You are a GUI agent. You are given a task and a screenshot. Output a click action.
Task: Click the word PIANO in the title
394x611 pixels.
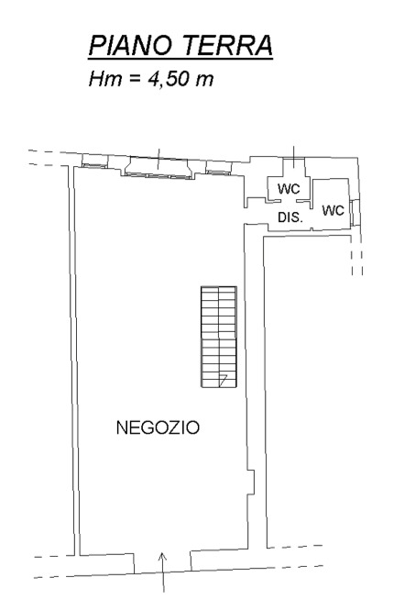point(130,45)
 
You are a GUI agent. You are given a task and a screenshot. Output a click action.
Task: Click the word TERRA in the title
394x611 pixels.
point(227,45)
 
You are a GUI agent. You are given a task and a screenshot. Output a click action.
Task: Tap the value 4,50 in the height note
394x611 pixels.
point(169,79)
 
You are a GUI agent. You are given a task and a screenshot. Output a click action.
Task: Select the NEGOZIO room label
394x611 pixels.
point(158,428)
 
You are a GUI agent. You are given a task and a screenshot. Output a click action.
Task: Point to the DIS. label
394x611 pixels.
point(290,217)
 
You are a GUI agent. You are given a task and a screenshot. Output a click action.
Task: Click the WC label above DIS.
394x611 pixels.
point(289,189)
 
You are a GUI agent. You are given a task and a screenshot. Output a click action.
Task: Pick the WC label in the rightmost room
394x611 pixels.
point(334,210)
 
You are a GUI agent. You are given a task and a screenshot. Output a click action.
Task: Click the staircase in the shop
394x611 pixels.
point(219,337)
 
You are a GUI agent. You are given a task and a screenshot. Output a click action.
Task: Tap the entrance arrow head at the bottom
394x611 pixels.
point(163,556)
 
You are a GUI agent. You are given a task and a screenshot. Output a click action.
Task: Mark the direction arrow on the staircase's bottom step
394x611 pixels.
point(223,380)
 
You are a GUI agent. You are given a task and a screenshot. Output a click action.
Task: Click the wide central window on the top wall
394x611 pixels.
point(159,168)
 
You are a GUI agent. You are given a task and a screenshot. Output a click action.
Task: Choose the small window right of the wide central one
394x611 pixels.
point(218,168)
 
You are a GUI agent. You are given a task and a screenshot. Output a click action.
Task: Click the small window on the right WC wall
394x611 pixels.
point(352,212)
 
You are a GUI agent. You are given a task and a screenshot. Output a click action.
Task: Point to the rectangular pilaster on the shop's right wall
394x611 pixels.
point(251,483)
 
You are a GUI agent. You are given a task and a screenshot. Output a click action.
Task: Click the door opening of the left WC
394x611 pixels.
point(289,201)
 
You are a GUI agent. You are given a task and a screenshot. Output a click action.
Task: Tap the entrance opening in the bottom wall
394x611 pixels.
point(163,561)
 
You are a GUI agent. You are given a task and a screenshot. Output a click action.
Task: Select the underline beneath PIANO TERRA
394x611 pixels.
point(181,60)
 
